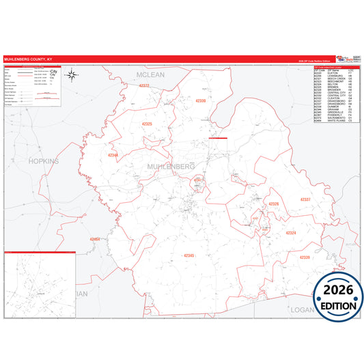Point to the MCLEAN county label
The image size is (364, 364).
click(150, 74)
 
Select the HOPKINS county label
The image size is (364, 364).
click(44, 161)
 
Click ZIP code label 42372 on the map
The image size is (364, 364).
click(143, 86)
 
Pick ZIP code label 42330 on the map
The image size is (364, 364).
click(201, 101)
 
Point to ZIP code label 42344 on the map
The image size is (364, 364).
click(113, 155)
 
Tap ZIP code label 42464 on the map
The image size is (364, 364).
click(95, 239)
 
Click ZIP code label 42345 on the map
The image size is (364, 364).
click(189, 255)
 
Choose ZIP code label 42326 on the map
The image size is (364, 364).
click(274, 204)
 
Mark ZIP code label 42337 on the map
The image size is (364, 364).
click(305, 199)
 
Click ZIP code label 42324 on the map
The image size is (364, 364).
click(291, 233)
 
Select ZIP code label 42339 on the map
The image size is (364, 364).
click(305, 257)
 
